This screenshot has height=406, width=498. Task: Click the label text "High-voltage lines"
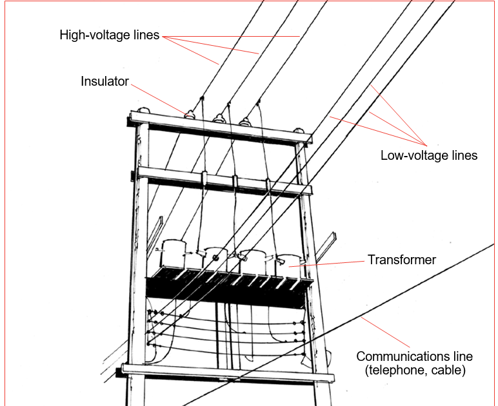click(x=109, y=35)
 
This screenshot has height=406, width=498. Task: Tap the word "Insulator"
click(x=105, y=82)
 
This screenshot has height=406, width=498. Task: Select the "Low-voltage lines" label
click(x=428, y=155)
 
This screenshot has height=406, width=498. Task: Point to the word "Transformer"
click(x=401, y=260)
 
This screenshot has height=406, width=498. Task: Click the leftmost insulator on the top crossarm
click(x=191, y=116)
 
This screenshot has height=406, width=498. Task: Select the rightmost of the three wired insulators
click(x=244, y=121)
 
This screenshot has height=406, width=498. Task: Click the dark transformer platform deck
click(x=226, y=288)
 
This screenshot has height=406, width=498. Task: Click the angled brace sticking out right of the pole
click(x=328, y=244)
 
